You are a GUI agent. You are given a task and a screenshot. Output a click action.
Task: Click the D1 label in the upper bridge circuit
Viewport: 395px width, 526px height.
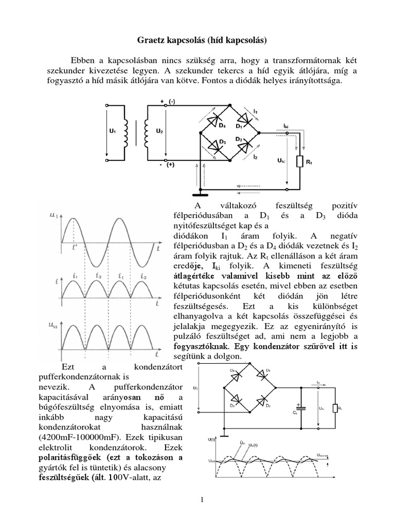(239, 126)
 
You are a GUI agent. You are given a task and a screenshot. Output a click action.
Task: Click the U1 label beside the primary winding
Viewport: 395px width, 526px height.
(112, 131)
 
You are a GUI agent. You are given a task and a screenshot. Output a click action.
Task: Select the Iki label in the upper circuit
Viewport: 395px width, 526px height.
(286, 125)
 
